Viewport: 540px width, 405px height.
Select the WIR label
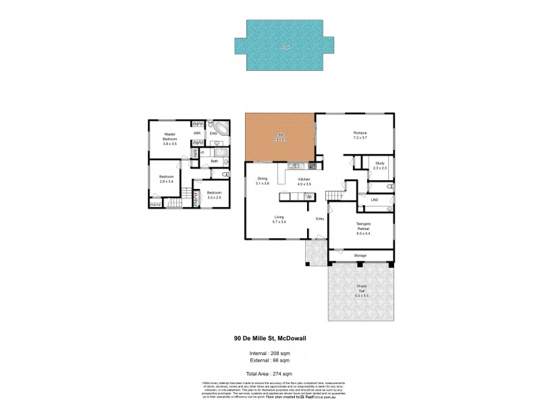pyautogui.click(x=197, y=134)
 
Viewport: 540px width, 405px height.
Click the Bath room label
pyautogui.click(x=214, y=161)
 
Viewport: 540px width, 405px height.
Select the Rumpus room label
pyautogui.click(x=359, y=134)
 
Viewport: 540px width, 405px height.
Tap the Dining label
pyautogui.click(x=262, y=179)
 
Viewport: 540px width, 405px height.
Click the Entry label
pyautogui.click(x=321, y=217)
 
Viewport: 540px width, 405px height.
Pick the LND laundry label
pyautogui.click(x=374, y=200)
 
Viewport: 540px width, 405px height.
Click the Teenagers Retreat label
pyautogui.click(x=364, y=227)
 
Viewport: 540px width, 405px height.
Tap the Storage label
pyautogui.click(x=360, y=256)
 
